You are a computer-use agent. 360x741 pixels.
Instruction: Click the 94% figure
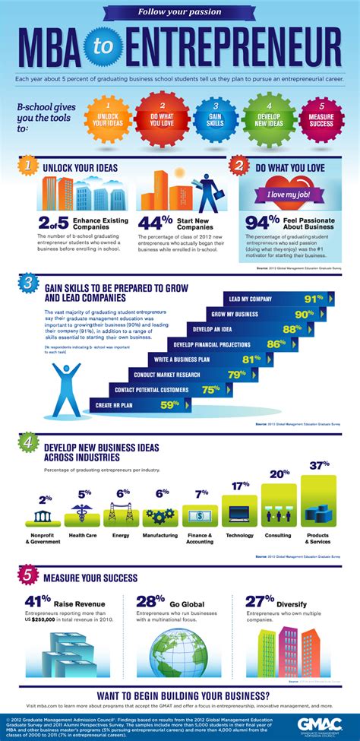point(262,221)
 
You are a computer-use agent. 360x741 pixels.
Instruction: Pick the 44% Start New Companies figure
point(154,222)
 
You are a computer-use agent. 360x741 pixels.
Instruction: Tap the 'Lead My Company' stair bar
point(277,299)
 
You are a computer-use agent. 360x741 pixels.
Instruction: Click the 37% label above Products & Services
point(319,464)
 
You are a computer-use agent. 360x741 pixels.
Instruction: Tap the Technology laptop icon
point(239,514)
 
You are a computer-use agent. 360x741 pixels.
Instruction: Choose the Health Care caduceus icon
point(84,515)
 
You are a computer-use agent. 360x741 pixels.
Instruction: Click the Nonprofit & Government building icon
point(45,517)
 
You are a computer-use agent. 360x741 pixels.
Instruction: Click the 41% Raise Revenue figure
point(37,600)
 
